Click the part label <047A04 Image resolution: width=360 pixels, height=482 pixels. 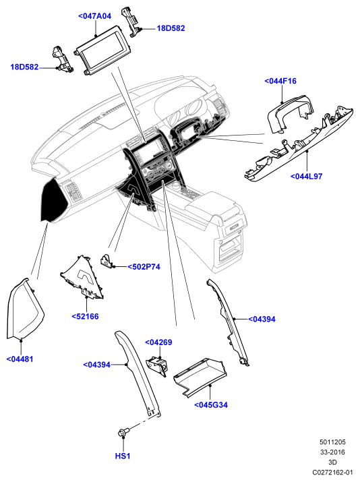94,16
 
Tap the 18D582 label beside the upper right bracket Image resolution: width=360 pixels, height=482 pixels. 171,28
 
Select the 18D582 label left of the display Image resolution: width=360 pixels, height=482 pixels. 24,67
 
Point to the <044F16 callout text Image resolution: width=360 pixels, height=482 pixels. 280,81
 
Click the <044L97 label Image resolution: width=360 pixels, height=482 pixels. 307,177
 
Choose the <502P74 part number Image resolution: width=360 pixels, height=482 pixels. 144,267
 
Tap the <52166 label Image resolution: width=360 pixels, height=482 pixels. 85,316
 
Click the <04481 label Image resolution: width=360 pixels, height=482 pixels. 20,359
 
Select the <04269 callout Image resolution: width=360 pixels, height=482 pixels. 158,342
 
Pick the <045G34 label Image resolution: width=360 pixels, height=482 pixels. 211,405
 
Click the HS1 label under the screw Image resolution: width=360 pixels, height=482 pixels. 123,456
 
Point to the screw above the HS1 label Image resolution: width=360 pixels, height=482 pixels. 123,432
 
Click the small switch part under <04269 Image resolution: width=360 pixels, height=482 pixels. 157,366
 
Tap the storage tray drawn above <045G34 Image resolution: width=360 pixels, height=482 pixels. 200,378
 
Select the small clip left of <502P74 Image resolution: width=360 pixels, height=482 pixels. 107,261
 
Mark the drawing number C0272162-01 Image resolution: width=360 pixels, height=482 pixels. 332,472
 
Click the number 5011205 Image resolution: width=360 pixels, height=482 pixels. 332,442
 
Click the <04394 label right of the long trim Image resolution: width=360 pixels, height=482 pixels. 262,319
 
